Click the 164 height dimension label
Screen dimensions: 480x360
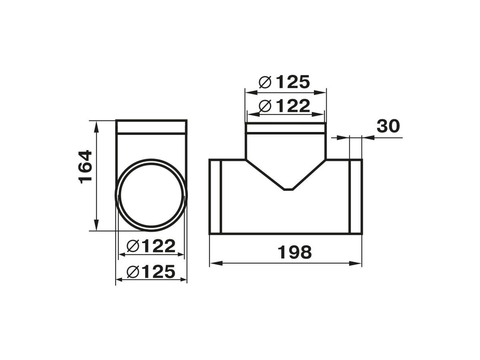pos(85,167)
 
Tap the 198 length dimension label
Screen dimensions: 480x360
pos(294,252)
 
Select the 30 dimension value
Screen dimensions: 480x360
pos(388,126)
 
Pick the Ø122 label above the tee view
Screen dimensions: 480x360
pos(284,106)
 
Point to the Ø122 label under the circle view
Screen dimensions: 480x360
pos(151,246)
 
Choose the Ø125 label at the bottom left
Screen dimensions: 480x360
pos(151,272)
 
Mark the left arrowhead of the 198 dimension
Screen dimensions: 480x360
pos(216,263)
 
